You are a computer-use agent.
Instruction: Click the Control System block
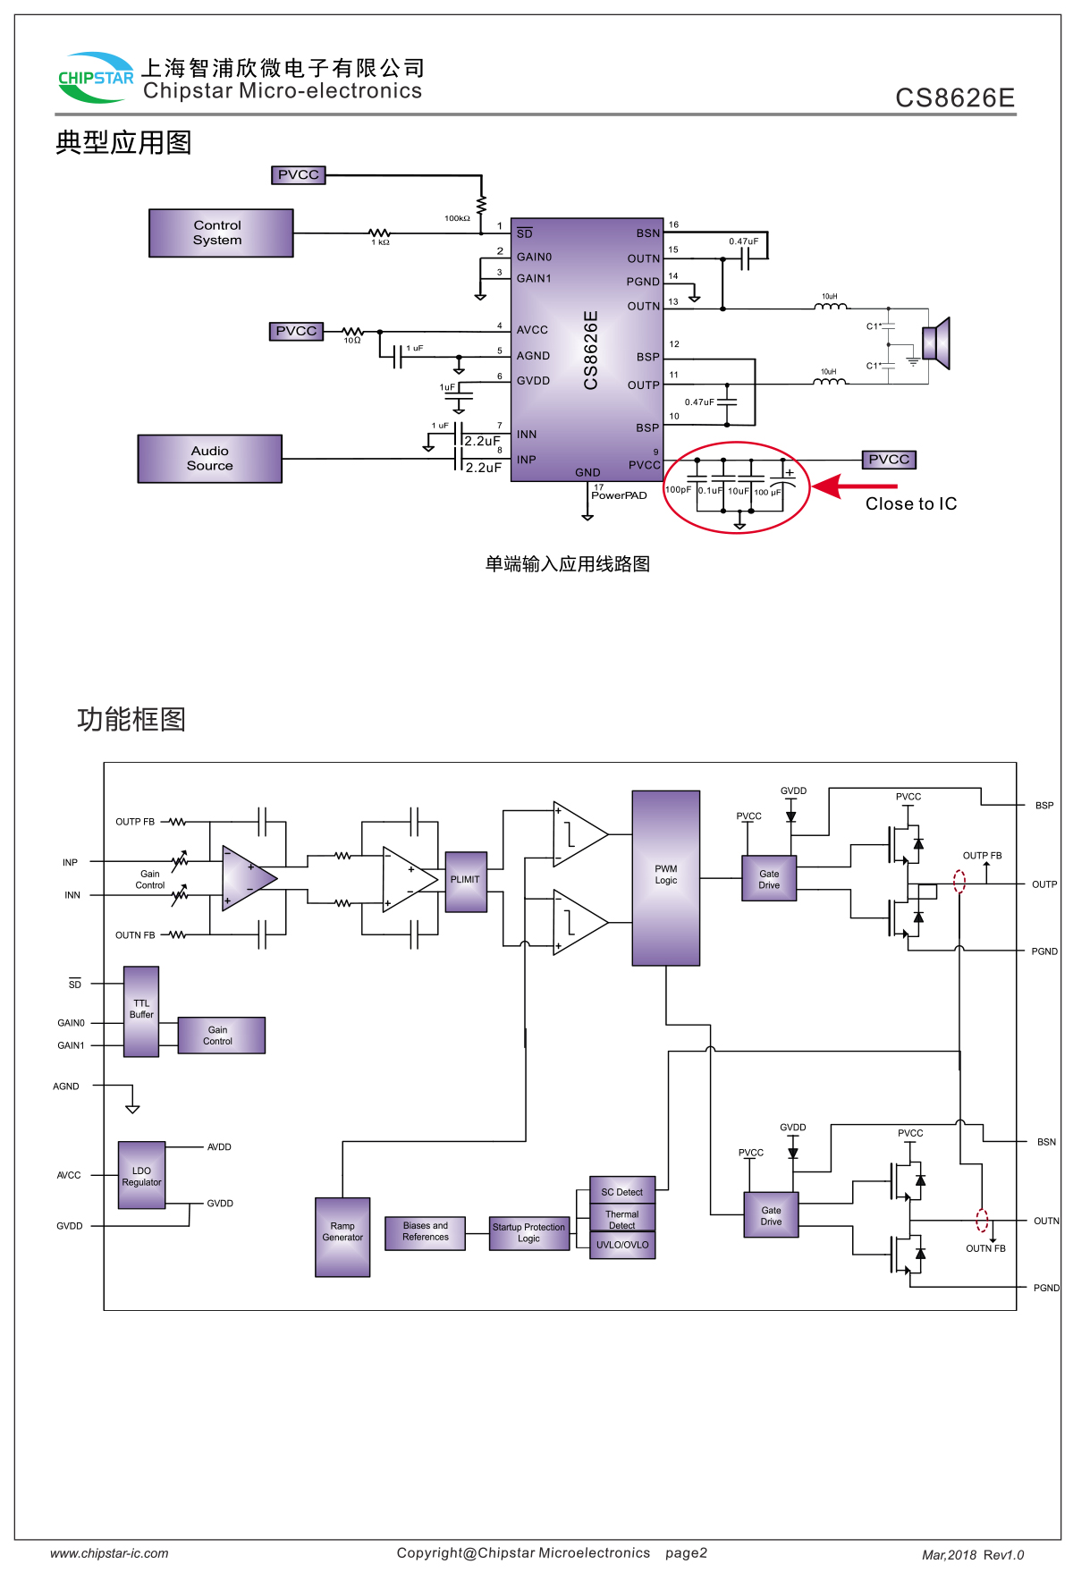(x=221, y=233)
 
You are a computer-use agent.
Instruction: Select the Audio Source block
(x=210, y=459)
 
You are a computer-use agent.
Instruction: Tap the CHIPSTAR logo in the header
(x=96, y=78)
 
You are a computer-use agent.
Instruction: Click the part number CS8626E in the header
(x=955, y=97)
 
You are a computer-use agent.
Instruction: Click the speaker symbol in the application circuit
(x=936, y=343)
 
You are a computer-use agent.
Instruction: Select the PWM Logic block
(x=666, y=877)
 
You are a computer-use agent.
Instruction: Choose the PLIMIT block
(x=466, y=882)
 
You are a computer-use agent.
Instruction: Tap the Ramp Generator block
(x=342, y=1237)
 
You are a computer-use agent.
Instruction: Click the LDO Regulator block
(x=142, y=1176)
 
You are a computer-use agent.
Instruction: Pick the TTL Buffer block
(x=141, y=1011)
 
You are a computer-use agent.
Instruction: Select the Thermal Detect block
(x=622, y=1217)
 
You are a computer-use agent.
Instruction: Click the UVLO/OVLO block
(x=622, y=1245)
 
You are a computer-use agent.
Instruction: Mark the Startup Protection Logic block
(x=529, y=1233)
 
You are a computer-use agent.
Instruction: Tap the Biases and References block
(x=426, y=1232)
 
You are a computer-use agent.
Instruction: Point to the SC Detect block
(x=622, y=1191)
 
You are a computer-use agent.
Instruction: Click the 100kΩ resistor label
(x=457, y=218)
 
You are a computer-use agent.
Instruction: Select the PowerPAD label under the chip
(x=619, y=495)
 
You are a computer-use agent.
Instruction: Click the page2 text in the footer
(x=686, y=1553)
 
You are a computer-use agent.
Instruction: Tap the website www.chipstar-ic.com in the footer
(x=109, y=1554)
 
